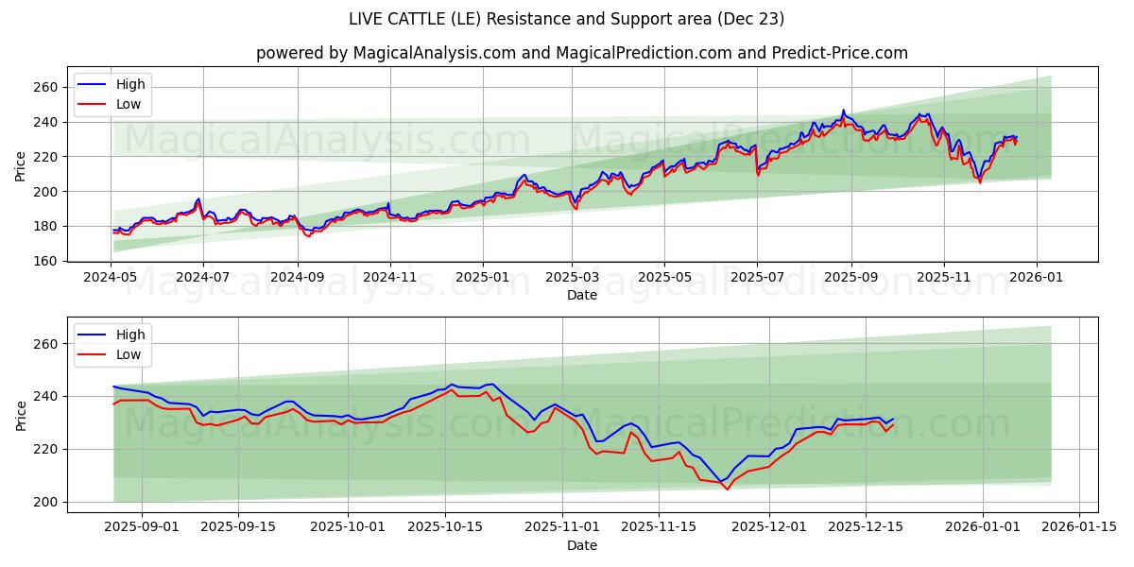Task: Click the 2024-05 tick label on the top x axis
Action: point(112,278)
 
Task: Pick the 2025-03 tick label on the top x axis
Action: point(571,278)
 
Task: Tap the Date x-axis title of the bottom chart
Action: point(581,545)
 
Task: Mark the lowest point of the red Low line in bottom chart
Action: point(727,489)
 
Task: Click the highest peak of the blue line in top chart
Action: point(844,111)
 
